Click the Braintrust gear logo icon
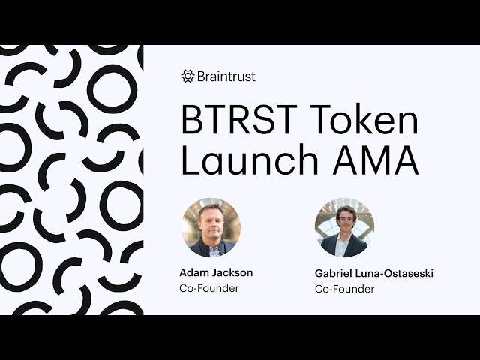click(187, 76)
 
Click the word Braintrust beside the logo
click(226, 76)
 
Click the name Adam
click(193, 273)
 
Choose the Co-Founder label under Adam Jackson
click(208, 288)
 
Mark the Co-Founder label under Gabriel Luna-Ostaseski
click(344, 289)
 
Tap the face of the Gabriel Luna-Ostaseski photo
click(345, 220)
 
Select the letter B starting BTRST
click(193, 121)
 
